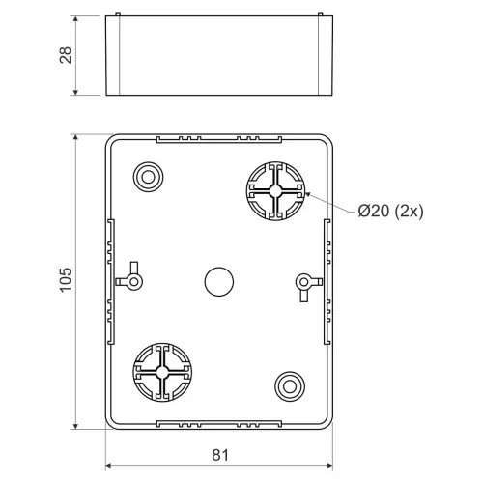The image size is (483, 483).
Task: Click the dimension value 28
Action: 66,55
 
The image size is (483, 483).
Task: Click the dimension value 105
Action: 66,280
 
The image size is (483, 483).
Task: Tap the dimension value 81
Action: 220,455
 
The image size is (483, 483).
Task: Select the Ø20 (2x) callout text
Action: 391,212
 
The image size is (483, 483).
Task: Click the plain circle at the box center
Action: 219,281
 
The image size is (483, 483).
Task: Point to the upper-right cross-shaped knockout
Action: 275,191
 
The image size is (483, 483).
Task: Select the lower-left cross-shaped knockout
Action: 162,372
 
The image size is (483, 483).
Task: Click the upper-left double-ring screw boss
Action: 148,177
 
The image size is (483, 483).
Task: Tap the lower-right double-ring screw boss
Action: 290,386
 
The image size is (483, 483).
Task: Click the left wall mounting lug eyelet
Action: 133,282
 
